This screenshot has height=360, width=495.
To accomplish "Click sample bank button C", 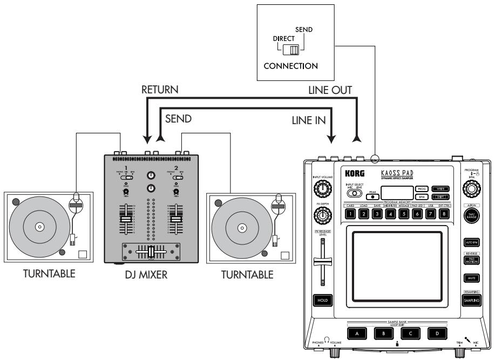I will point(412,333).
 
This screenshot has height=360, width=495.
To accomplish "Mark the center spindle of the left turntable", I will point(38,227).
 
